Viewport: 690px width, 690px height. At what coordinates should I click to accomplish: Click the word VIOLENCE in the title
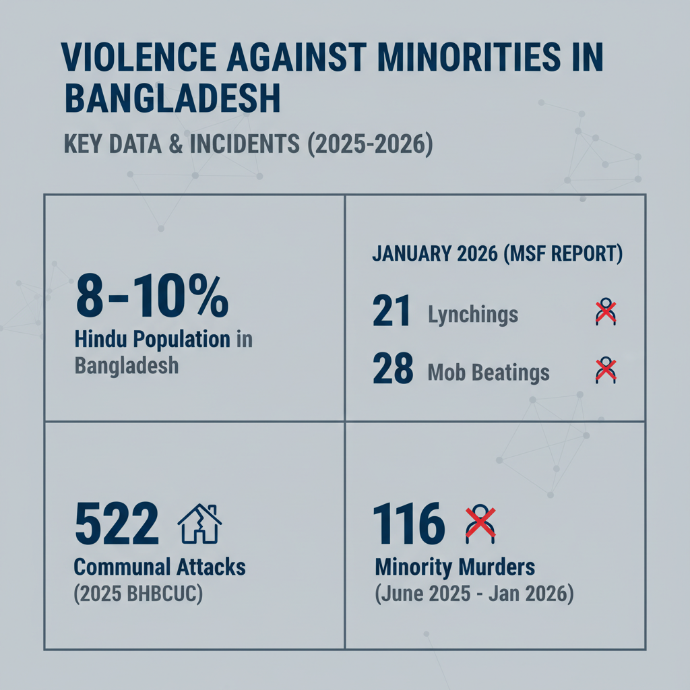pos(139,57)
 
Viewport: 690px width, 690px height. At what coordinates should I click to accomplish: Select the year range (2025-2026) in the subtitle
pos(370,144)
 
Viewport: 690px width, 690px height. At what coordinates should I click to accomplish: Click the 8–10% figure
pos(152,296)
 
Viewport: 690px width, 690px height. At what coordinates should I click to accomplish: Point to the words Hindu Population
pos(152,340)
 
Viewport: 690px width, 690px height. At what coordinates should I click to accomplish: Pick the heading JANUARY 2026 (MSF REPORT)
pos(497,254)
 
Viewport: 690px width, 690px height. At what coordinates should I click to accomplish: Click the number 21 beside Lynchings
pos(391,311)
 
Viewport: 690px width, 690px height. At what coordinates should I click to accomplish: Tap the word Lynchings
pos(473,315)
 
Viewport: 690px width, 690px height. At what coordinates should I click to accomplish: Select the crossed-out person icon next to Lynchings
pos(606,311)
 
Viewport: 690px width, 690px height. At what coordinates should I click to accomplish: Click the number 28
pos(393,369)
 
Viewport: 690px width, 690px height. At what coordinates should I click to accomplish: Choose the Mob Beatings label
pos(489,373)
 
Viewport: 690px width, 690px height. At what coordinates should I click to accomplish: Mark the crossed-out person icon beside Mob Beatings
pos(606,370)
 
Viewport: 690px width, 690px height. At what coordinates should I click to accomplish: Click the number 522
pos(117,524)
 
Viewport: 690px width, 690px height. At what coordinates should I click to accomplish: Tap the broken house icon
pos(199,523)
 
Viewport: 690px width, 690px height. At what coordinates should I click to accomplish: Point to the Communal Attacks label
pos(160,567)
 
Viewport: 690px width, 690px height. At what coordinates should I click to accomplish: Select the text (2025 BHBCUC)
pos(138,594)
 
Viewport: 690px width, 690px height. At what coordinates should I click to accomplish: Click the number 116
pos(409,524)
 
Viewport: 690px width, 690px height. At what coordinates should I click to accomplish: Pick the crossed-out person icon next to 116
pos(480,524)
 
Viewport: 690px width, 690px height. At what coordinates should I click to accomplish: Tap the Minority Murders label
pos(455,567)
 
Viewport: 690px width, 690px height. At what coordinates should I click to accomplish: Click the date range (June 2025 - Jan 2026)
pos(474,594)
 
